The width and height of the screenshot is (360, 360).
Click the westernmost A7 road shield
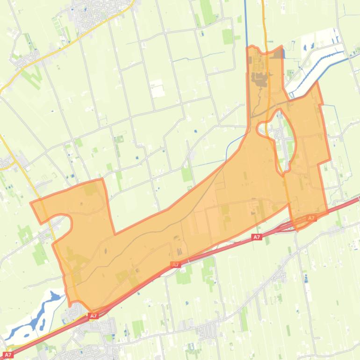click(x=8, y=355)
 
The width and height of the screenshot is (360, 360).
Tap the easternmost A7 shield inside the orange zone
click(x=311, y=218)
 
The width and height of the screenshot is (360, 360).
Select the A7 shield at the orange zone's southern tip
click(x=94, y=316)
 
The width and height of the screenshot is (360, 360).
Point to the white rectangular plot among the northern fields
click(x=157, y=87)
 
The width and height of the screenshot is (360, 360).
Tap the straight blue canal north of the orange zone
click(x=246, y=23)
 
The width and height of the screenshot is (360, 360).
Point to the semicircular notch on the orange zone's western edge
click(x=63, y=224)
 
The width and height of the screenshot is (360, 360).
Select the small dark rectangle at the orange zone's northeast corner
click(x=278, y=54)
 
